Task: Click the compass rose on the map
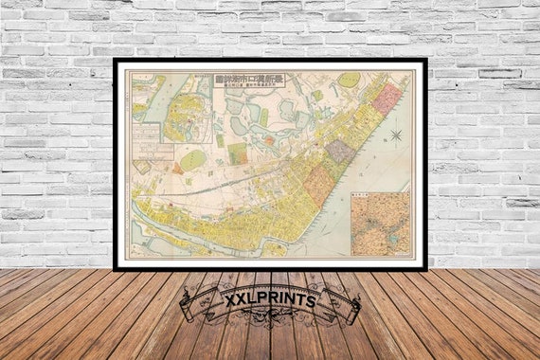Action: tap(395, 135)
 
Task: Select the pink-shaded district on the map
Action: tap(387, 99)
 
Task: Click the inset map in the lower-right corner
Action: tap(381, 225)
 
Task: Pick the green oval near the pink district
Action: tap(349, 80)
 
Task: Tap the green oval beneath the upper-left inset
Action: tap(192, 160)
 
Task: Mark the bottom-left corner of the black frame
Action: tap(115, 269)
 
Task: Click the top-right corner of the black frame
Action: tap(424, 61)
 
